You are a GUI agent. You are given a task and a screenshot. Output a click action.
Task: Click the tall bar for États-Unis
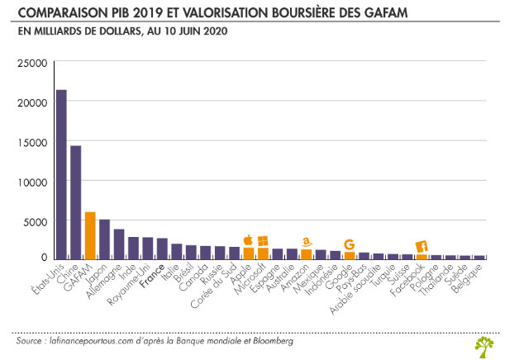tap(61, 174)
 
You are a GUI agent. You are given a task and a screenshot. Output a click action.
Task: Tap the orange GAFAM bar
tap(90, 235)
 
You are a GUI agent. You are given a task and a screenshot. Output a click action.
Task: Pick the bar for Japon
tap(104, 239)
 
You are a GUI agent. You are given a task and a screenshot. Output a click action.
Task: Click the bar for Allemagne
tap(119, 244)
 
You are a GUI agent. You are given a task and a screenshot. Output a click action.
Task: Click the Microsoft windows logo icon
tap(263, 240)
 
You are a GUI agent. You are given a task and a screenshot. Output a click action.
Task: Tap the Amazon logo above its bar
tap(306, 242)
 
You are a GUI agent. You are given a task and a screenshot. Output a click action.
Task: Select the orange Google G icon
tap(350, 244)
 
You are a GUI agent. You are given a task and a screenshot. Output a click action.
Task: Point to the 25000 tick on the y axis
tap(34, 63)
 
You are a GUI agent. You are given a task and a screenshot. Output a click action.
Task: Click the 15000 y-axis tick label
tap(34, 142)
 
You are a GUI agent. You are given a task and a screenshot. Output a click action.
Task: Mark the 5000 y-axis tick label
tap(36, 221)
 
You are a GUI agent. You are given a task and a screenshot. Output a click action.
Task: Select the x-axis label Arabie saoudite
tap(357, 290)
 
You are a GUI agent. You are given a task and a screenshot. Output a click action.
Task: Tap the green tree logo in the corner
tap(486, 346)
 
